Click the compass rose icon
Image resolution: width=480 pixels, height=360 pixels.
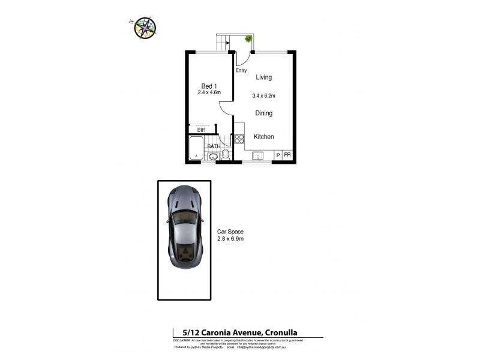click(x=145, y=26)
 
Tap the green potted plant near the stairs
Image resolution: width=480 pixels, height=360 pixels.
click(x=248, y=39)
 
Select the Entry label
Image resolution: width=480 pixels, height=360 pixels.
click(x=241, y=70)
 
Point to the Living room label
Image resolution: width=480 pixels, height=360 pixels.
click(x=263, y=77)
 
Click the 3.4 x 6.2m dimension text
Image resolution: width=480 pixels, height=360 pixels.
click(x=263, y=95)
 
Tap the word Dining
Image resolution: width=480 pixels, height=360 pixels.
click(x=263, y=113)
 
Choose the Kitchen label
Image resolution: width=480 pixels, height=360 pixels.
click(x=264, y=137)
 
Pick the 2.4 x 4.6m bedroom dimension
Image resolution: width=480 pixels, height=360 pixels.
click(x=209, y=93)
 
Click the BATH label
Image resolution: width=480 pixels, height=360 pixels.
click(x=214, y=146)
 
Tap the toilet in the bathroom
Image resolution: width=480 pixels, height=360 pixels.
click(x=225, y=154)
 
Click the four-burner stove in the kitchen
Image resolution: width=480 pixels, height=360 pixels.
click(x=239, y=139)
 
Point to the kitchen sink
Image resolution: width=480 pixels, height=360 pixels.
click(x=257, y=156)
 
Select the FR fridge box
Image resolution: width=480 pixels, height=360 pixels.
click(x=287, y=155)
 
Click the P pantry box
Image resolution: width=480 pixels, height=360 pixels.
click(x=278, y=155)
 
